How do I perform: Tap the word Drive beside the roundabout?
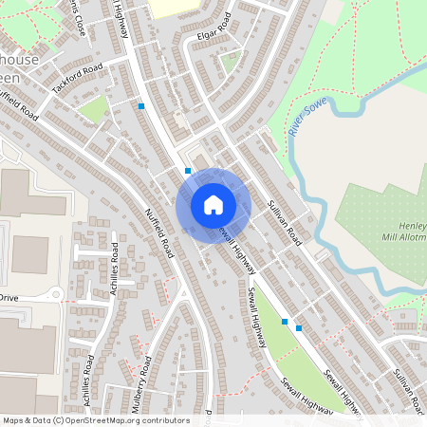pos(9,297)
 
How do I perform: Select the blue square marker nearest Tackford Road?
pos(141,106)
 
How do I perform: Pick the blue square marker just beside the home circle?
pos(188,171)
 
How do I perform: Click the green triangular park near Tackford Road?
pos(94,109)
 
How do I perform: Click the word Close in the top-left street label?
pos(77,25)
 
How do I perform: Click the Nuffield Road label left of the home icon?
pos(159,233)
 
